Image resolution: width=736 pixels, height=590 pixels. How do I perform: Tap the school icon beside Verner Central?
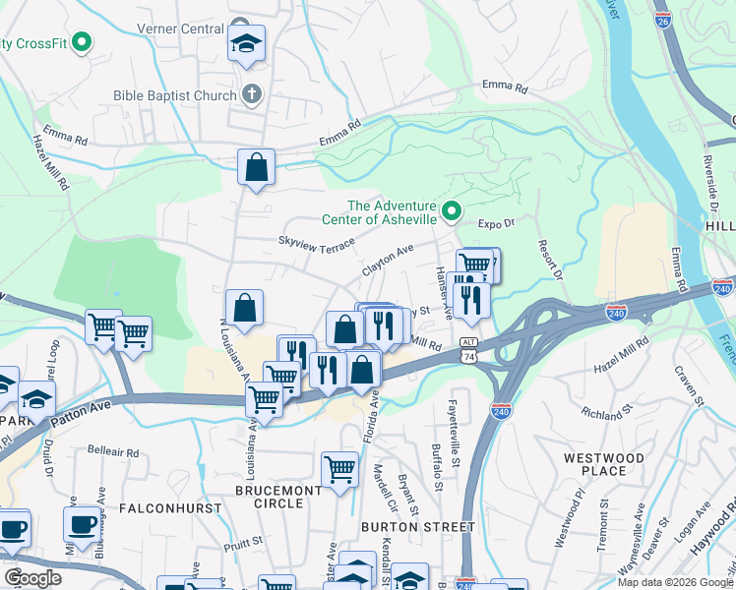(x=246, y=42)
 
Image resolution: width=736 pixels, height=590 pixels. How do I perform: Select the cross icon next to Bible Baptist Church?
(x=252, y=95)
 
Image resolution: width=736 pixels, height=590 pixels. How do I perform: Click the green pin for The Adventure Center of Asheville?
(x=452, y=210)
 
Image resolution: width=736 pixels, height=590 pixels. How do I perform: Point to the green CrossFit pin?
(x=83, y=42)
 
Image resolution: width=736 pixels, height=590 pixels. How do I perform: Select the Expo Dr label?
(x=497, y=224)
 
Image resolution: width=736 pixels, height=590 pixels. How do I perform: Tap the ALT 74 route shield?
(x=468, y=348)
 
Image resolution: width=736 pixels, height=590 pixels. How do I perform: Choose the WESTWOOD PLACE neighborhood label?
(x=604, y=464)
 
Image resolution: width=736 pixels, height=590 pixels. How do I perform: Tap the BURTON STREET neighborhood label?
(x=427, y=527)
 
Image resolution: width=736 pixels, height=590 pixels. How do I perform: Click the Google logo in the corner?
(x=32, y=578)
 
